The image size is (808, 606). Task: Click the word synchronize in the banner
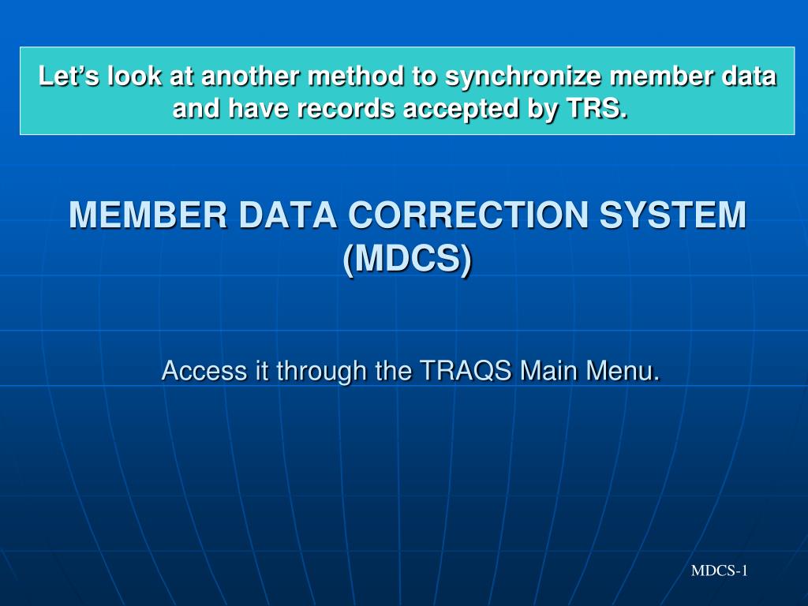point(523,77)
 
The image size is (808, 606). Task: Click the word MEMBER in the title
point(148,215)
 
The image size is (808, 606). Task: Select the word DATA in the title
point(287,215)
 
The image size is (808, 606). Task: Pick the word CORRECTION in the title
point(469,215)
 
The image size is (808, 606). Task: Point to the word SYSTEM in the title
point(673,215)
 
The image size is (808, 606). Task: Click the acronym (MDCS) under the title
point(407,259)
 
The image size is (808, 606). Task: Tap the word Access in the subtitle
point(204,371)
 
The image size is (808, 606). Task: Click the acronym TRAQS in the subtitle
point(466,371)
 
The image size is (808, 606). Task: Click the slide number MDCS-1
point(720,570)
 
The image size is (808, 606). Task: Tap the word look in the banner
point(134,76)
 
